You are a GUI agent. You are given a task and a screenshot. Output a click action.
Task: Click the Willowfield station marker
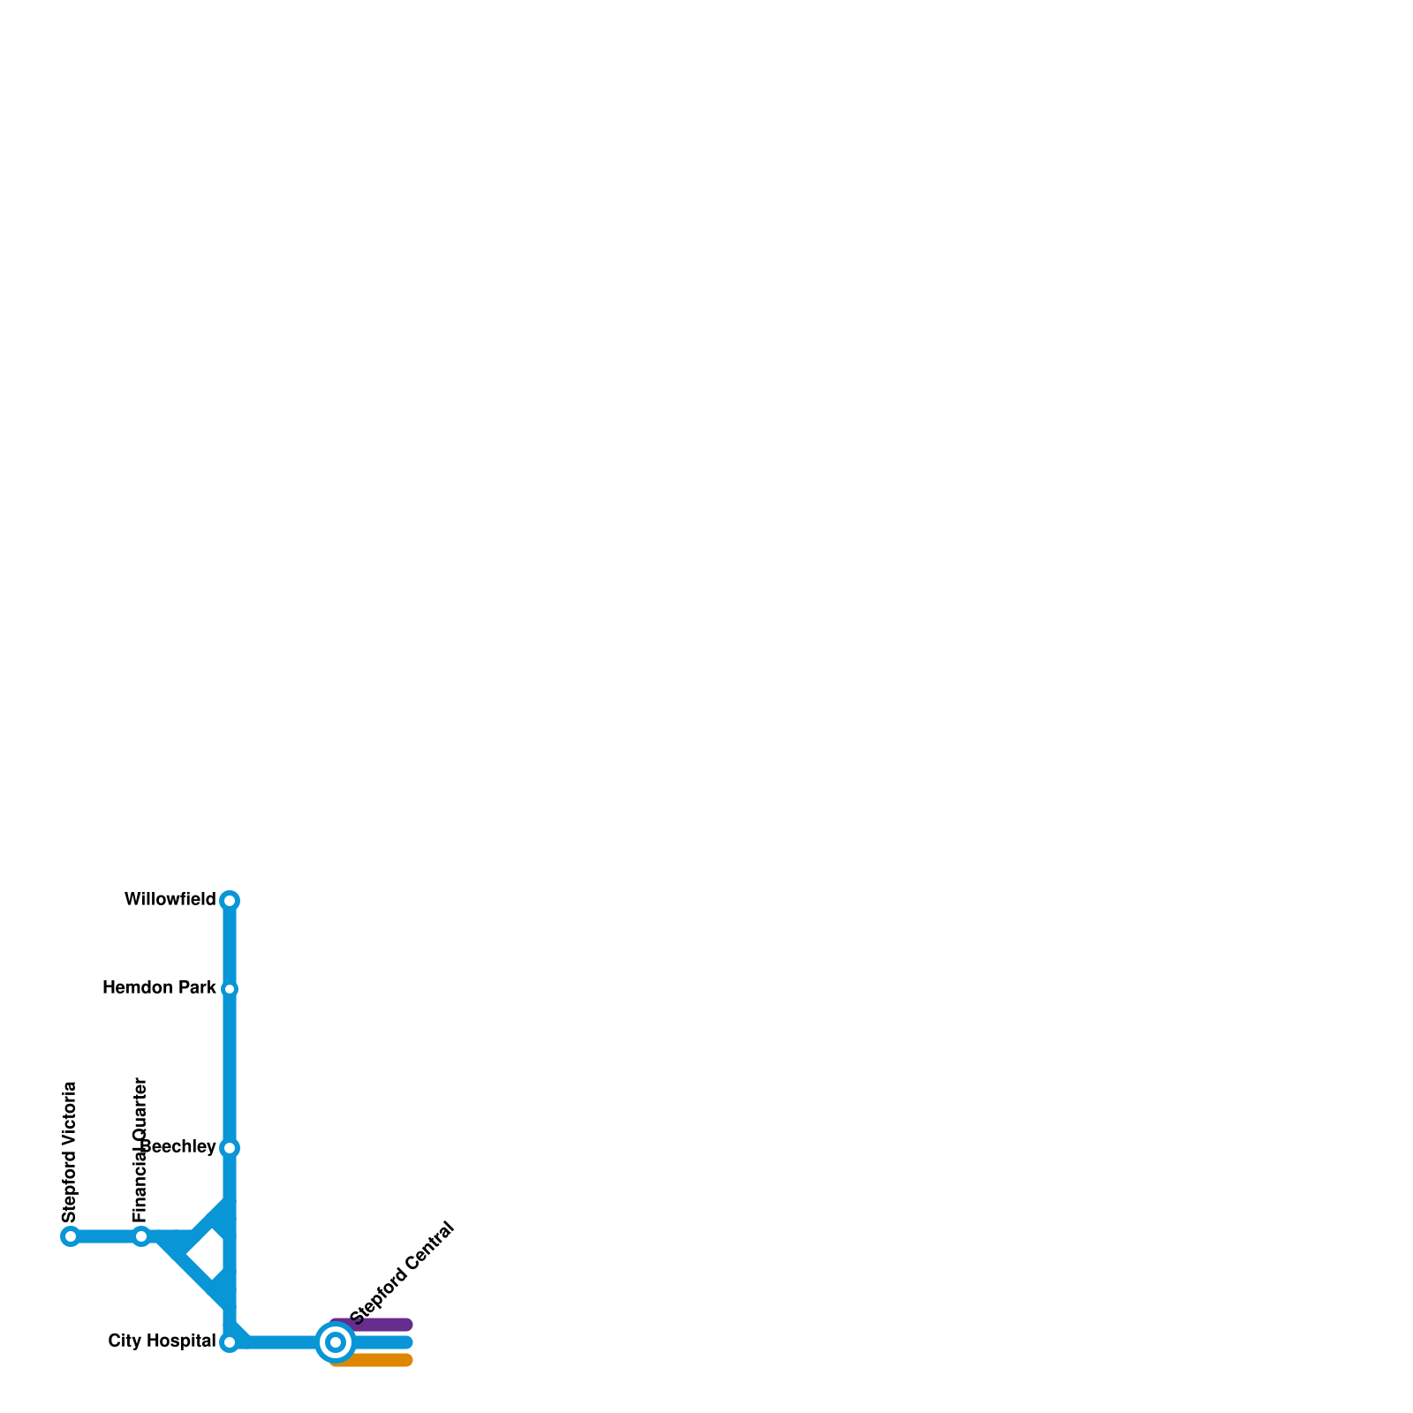point(230,901)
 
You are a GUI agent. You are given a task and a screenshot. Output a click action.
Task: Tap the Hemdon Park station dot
point(230,989)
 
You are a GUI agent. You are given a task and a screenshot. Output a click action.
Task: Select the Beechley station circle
point(230,1148)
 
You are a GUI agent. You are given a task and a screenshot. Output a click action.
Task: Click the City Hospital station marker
point(230,1342)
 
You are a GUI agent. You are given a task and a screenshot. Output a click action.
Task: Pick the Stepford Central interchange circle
point(336,1342)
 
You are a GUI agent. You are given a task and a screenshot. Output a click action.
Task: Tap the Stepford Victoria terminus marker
point(71,1236)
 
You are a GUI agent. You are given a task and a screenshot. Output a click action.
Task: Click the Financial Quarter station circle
point(141,1236)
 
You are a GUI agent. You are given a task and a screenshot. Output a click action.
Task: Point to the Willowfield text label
point(170,900)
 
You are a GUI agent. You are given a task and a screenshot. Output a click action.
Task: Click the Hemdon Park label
point(159,988)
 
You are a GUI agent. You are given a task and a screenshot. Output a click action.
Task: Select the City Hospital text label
point(162,1341)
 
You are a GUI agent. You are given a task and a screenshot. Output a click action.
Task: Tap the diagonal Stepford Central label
point(402,1273)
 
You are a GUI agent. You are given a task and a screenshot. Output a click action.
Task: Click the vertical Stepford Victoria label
point(71,1152)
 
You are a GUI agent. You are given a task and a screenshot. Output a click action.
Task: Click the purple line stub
point(380,1325)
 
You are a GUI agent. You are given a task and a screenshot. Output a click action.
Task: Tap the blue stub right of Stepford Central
point(384,1342)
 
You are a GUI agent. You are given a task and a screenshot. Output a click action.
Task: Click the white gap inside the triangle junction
point(206,1254)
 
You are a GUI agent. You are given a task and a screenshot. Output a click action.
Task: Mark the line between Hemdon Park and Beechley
point(230,1069)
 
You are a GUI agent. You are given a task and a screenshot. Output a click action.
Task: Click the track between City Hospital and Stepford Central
point(278,1342)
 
